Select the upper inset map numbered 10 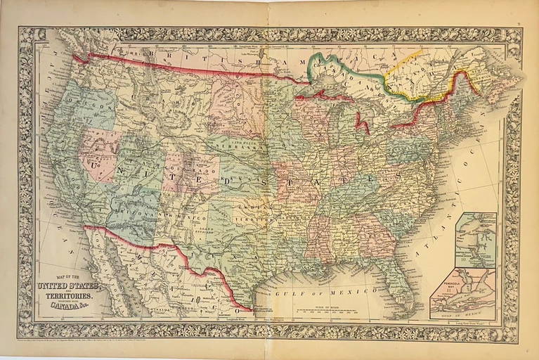pyautogui.click(x=475, y=240)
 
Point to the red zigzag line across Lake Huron pyautogui.click(x=363, y=124)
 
